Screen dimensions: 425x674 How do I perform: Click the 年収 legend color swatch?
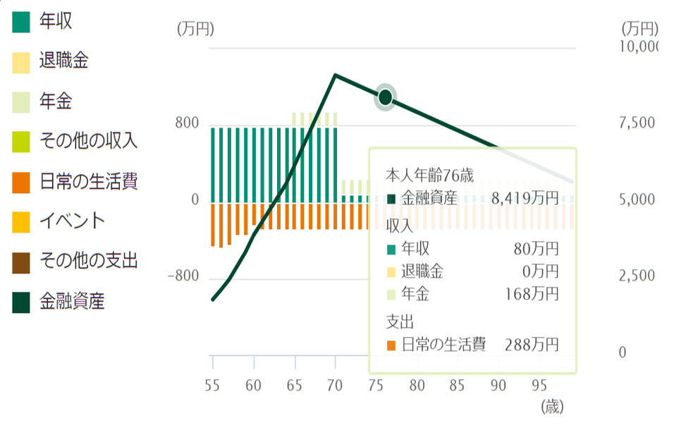22,23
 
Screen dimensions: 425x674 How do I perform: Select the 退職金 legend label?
63,61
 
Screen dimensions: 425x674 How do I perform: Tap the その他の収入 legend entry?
88,141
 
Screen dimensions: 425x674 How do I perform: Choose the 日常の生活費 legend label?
88,181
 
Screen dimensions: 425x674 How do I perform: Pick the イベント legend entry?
72,221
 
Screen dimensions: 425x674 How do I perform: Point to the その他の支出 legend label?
88,261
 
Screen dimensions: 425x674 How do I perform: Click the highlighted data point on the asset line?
385,97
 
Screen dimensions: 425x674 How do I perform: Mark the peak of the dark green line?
335,75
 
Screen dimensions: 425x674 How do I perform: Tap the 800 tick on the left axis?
188,125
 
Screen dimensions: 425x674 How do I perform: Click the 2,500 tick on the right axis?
637,276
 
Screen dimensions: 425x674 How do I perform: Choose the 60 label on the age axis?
253,385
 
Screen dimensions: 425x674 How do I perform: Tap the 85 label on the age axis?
458,385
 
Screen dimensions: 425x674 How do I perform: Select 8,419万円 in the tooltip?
525,199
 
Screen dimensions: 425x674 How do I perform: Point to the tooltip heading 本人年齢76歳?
430,174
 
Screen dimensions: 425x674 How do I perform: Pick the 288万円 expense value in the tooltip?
532,345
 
